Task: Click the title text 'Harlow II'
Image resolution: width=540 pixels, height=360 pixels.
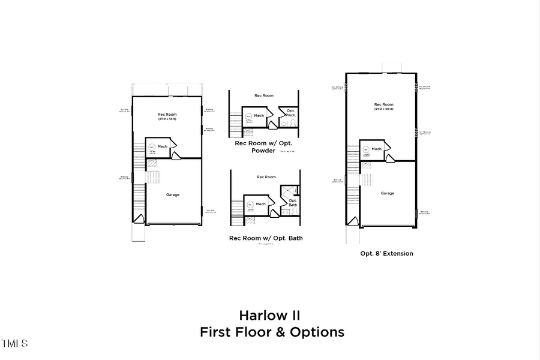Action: point(269,315)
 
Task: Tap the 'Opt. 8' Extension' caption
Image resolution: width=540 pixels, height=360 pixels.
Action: point(386,253)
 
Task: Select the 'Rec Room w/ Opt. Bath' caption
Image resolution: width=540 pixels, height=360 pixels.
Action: point(266,238)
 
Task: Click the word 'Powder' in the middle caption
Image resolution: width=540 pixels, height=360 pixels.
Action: point(263,151)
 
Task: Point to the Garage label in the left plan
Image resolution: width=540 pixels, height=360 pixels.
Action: point(173,194)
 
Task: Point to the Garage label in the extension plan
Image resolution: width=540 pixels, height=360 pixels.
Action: point(387,193)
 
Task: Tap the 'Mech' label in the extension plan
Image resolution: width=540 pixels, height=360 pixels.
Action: point(377,149)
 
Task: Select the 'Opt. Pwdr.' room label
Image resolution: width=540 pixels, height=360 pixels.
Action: point(291,113)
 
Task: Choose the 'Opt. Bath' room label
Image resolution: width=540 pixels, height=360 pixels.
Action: point(293,203)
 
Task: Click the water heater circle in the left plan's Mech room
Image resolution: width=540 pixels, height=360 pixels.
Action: point(152,147)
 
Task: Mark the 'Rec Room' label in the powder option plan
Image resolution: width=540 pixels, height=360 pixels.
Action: point(264,95)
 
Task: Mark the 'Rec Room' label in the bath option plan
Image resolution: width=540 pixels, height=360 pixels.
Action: point(266,177)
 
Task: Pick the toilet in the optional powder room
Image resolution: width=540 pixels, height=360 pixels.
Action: point(284,122)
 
